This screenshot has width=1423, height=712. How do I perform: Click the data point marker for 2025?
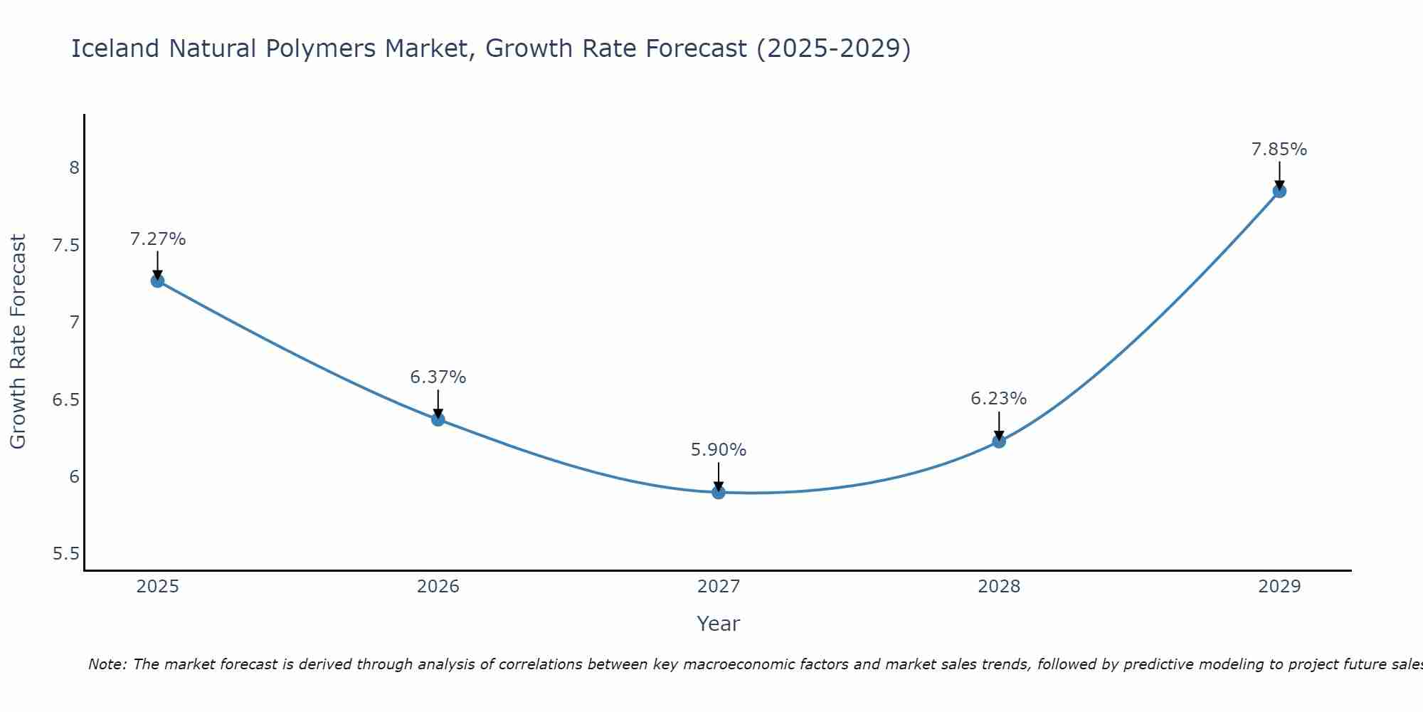click(157, 281)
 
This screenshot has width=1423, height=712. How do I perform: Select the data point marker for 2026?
click(438, 419)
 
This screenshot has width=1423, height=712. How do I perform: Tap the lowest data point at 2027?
click(719, 492)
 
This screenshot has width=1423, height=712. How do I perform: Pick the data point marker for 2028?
click(999, 441)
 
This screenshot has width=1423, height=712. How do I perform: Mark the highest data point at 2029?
click(1279, 191)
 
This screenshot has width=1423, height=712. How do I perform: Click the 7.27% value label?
click(158, 239)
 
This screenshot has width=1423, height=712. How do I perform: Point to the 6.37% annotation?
click(438, 377)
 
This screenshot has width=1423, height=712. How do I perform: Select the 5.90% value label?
click(719, 450)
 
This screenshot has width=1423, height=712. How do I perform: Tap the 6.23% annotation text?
click(999, 399)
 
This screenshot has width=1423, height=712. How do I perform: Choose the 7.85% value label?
click(1279, 150)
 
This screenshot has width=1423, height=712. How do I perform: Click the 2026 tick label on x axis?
click(438, 587)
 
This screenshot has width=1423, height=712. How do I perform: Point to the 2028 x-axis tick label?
click(999, 587)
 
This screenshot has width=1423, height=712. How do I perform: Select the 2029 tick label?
click(1279, 587)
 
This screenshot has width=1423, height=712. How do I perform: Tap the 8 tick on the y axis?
click(74, 168)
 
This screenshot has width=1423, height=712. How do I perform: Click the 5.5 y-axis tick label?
click(66, 554)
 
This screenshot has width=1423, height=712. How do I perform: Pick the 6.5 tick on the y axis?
click(66, 399)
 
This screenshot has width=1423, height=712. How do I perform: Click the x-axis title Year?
click(719, 624)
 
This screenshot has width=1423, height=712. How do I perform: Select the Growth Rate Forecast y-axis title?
click(18, 342)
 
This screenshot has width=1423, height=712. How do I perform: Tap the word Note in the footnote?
click(107, 664)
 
